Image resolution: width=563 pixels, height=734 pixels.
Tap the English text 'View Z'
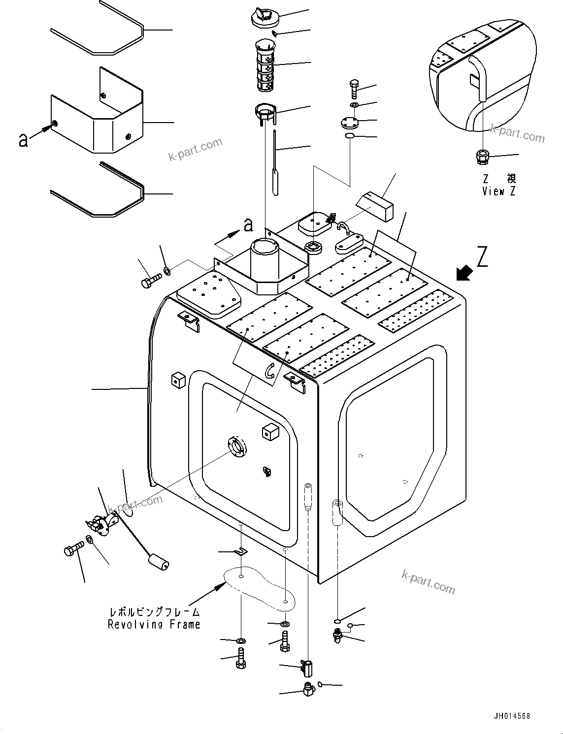pos(499,191)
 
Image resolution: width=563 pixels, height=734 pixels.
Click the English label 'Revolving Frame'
pos(154,624)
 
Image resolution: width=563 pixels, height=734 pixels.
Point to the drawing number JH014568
pos(510,717)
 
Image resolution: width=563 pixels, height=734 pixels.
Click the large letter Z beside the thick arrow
pos(482,257)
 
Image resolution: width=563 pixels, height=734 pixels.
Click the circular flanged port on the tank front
pos(237,447)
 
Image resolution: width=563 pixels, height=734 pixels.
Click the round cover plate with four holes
pos(350,122)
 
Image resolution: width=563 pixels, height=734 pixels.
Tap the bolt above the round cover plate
pos(356,90)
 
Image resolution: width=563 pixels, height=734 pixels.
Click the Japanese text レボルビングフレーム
pos(154,612)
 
